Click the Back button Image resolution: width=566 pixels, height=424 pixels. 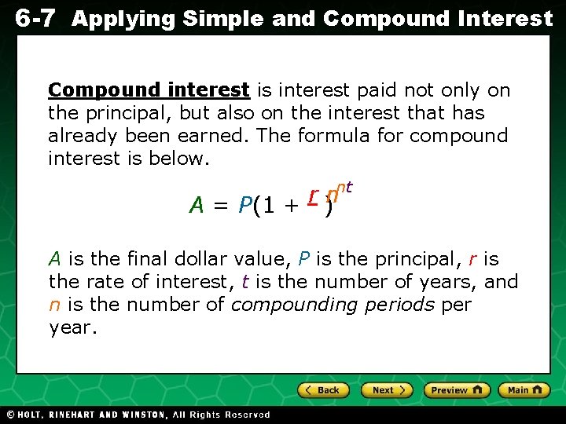(323, 390)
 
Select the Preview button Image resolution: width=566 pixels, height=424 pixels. (457, 390)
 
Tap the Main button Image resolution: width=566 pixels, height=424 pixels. (523, 390)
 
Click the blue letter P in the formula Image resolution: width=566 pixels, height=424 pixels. (244, 206)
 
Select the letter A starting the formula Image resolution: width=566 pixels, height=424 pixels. (197, 206)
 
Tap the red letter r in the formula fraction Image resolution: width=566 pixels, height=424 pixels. (313, 193)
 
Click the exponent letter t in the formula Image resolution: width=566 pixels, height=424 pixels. (348, 188)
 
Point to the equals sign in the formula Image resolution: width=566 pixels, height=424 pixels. (220, 207)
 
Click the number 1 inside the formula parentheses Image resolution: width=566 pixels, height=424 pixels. (269, 206)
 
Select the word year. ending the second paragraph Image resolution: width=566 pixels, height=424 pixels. (73, 327)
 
